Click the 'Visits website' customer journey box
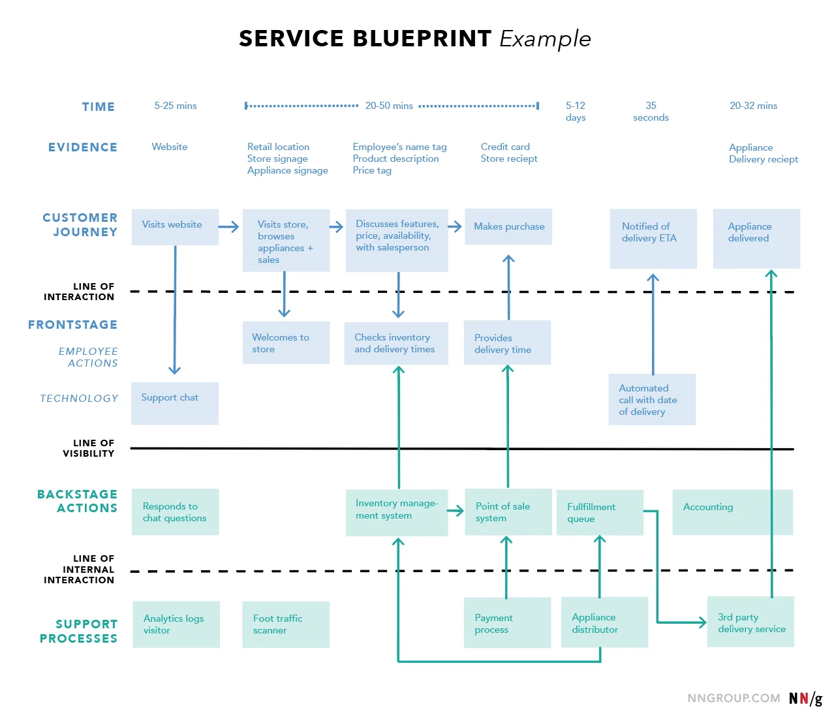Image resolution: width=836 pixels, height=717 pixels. (x=175, y=226)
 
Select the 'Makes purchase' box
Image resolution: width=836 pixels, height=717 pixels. (x=508, y=226)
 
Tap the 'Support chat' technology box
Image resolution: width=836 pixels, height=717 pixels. (x=174, y=403)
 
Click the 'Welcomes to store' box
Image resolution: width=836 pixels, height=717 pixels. (x=286, y=343)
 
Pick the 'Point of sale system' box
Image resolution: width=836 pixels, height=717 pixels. (x=508, y=512)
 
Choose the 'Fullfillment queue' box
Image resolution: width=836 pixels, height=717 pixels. (x=600, y=513)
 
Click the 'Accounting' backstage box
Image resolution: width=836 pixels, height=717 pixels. (x=732, y=512)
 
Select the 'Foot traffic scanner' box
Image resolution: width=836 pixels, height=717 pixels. (x=286, y=624)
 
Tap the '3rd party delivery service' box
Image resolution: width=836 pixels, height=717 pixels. (x=751, y=622)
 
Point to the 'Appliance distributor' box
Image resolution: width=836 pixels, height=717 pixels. (x=604, y=622)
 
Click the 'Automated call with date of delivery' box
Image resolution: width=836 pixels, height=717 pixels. (x=652, y=399)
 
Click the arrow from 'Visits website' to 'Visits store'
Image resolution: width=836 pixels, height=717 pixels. (x=228, y=227)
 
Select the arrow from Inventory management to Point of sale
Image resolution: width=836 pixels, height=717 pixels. (x=456, y=510)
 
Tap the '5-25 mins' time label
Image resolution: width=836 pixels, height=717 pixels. (x=175, y=106)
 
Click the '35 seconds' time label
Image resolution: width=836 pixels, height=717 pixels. (x=651, y=112)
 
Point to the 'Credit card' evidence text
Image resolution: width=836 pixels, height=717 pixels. (x=505, y=147)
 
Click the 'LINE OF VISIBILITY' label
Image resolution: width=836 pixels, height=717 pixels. (x=89, y=448)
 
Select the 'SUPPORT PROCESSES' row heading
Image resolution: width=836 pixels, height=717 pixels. (x=79, y=631)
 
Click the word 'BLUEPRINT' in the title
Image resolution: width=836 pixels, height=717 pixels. (x=422, y=38)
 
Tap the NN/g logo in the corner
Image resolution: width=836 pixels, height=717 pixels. (x=805, y=698)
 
